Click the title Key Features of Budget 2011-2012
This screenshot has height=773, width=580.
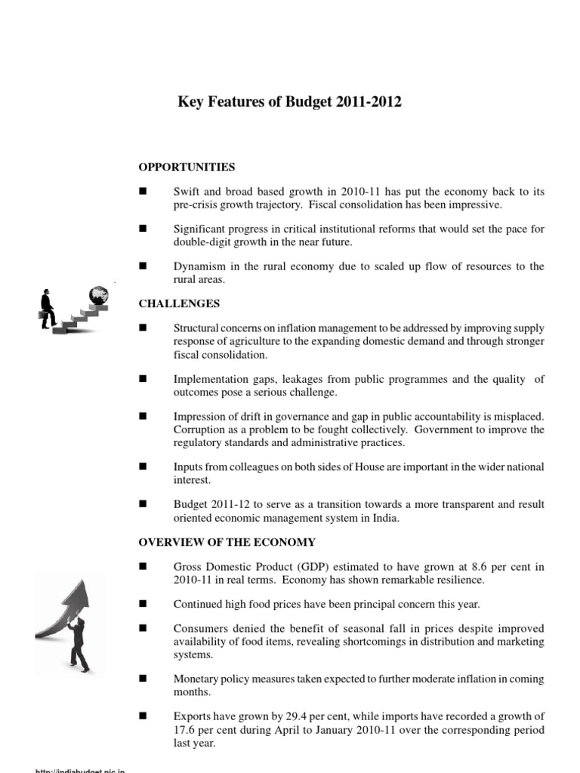click(x=289, y=102)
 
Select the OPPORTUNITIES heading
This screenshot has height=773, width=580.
click(x=187, y=167)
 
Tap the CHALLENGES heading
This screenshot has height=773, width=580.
click(x=179, y=303)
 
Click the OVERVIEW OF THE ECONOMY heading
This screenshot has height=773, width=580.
click(x=227, y=542)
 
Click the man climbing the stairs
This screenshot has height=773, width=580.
click(x=48, y=308)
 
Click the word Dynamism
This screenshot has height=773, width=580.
click(x=199, y=266)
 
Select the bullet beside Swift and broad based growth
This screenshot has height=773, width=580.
click(x=141, y=192)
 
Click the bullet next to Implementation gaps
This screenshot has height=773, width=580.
click(x=141, y=379)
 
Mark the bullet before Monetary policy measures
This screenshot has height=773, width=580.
click(x=141, y=679)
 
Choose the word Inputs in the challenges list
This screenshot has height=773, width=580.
click(x=187, y=467)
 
